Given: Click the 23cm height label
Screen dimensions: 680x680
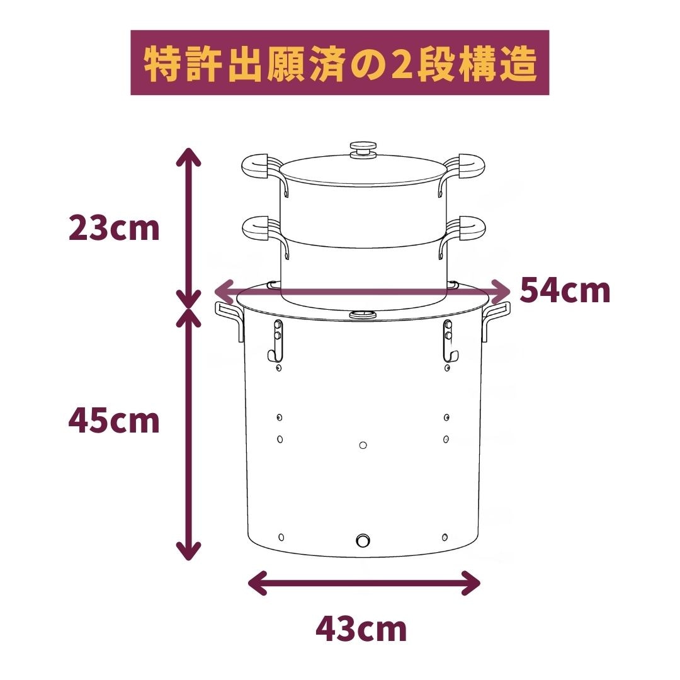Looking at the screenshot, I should (114, 229).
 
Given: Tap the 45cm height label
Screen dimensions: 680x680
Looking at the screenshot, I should (114, 421).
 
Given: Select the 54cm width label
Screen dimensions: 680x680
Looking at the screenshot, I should (565, 291).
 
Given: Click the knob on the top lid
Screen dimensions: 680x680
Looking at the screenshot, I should (362, 150).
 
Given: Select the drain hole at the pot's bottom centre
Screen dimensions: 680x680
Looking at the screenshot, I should (363, 540).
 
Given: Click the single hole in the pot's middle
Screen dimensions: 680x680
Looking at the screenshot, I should (363, 445).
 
